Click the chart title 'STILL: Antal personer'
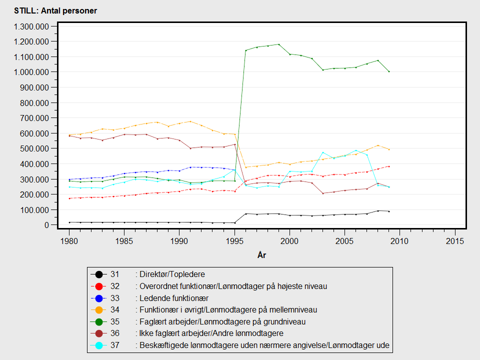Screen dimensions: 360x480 55,10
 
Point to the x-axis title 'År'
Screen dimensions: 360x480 261,255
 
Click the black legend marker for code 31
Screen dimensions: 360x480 99,274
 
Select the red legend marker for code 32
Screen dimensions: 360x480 99,286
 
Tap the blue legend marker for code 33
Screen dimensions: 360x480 99,298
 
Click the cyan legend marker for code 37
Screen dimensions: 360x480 99,345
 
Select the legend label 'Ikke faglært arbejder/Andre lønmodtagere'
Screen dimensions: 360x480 212,333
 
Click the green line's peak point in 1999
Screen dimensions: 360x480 279,44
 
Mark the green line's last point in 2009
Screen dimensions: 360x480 389,71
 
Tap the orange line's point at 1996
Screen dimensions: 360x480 246,167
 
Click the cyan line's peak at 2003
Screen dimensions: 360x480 323,152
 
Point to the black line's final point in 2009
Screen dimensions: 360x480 389,211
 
